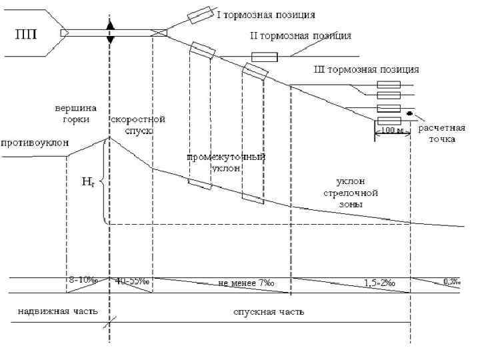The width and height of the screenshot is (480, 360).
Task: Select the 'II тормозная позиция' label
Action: [301, 35]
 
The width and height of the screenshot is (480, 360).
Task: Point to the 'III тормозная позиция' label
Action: [366, 69]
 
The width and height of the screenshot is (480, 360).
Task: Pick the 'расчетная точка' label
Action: [437, 133]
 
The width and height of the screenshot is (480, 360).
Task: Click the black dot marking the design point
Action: [410, 113]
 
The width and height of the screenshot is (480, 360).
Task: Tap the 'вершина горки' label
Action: [75, 113]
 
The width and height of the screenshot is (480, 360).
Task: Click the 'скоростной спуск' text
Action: [139, 125]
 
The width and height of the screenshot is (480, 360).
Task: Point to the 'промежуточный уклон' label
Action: [226, 163]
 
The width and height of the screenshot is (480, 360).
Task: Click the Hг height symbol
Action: [87, 181]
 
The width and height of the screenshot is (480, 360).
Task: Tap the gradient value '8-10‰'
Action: [83, 281]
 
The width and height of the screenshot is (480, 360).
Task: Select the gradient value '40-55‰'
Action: [132, 281]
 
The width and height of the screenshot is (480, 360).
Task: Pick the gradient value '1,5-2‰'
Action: [380, 283]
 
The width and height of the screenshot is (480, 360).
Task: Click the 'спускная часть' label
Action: [269, 311]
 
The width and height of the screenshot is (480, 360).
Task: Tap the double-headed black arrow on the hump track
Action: [111, 32]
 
